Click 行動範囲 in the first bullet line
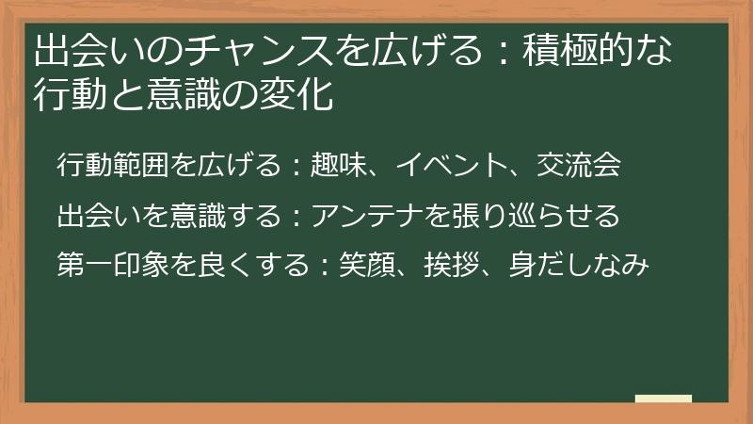pyautogui.click(x=113, y=165)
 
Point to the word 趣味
pyautogui.click(x=339, y=165)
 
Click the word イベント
pyautogui.click(x=452, y=165)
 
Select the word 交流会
pyautogui.click(x=579, y=165)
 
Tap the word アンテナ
pyautogui.click(x=367, y=216)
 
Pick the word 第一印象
pyautogui.click(x=113, y=265)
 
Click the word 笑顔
pyautogui.click(x=367, y=265)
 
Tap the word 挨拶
pyautogui.click(x=452, y=265)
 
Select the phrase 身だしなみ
pyautogui.click(x=579, y=265)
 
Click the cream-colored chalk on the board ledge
pyautogui.click(x=664, y=399)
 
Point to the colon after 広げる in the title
pyautogui.click(x=503, y=52)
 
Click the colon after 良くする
pyautogui.click(x=325, y=266)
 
